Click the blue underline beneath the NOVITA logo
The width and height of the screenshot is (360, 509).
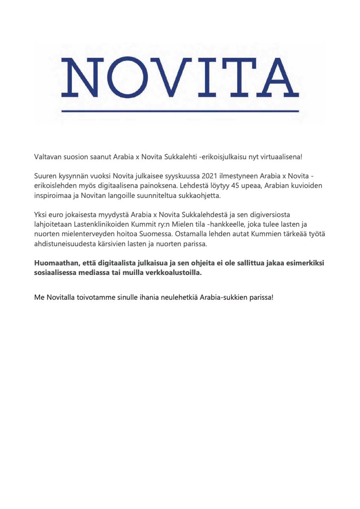180,111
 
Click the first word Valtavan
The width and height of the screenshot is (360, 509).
48,157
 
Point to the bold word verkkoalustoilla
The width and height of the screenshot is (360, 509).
175,273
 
